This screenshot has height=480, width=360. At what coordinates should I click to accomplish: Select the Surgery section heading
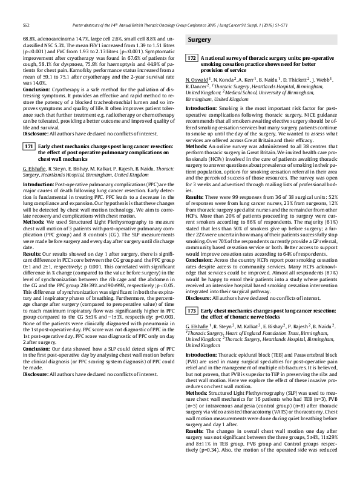coord(200,40)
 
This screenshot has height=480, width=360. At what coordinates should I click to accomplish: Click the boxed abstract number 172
coord(192,59)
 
